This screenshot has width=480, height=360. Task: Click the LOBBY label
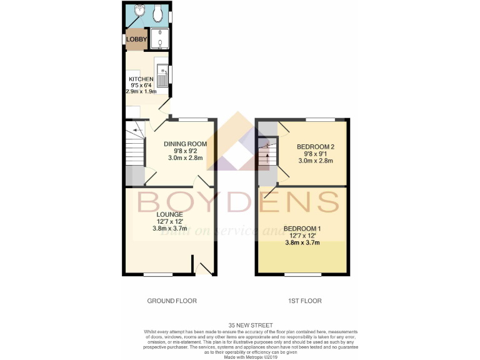click(136, 40)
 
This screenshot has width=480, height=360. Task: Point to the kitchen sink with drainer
click(162, 75)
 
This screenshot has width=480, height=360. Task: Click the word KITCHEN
click(141, 79)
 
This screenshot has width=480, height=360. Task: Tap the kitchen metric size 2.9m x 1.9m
click(141, 91)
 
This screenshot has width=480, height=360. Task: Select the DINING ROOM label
click(186, 144)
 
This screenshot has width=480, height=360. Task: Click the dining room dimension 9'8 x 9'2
click(186, 151)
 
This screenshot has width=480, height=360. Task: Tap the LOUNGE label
click(169, 214)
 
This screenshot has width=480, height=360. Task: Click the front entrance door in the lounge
click(203, 267)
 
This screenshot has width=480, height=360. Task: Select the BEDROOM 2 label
click(316, 146)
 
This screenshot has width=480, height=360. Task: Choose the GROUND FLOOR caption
click(172, 301)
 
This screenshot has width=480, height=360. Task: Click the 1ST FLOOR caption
click(304, 301)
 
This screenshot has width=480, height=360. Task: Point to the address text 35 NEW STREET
click(239, 326)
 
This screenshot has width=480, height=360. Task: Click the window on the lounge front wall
click(157, 274)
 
